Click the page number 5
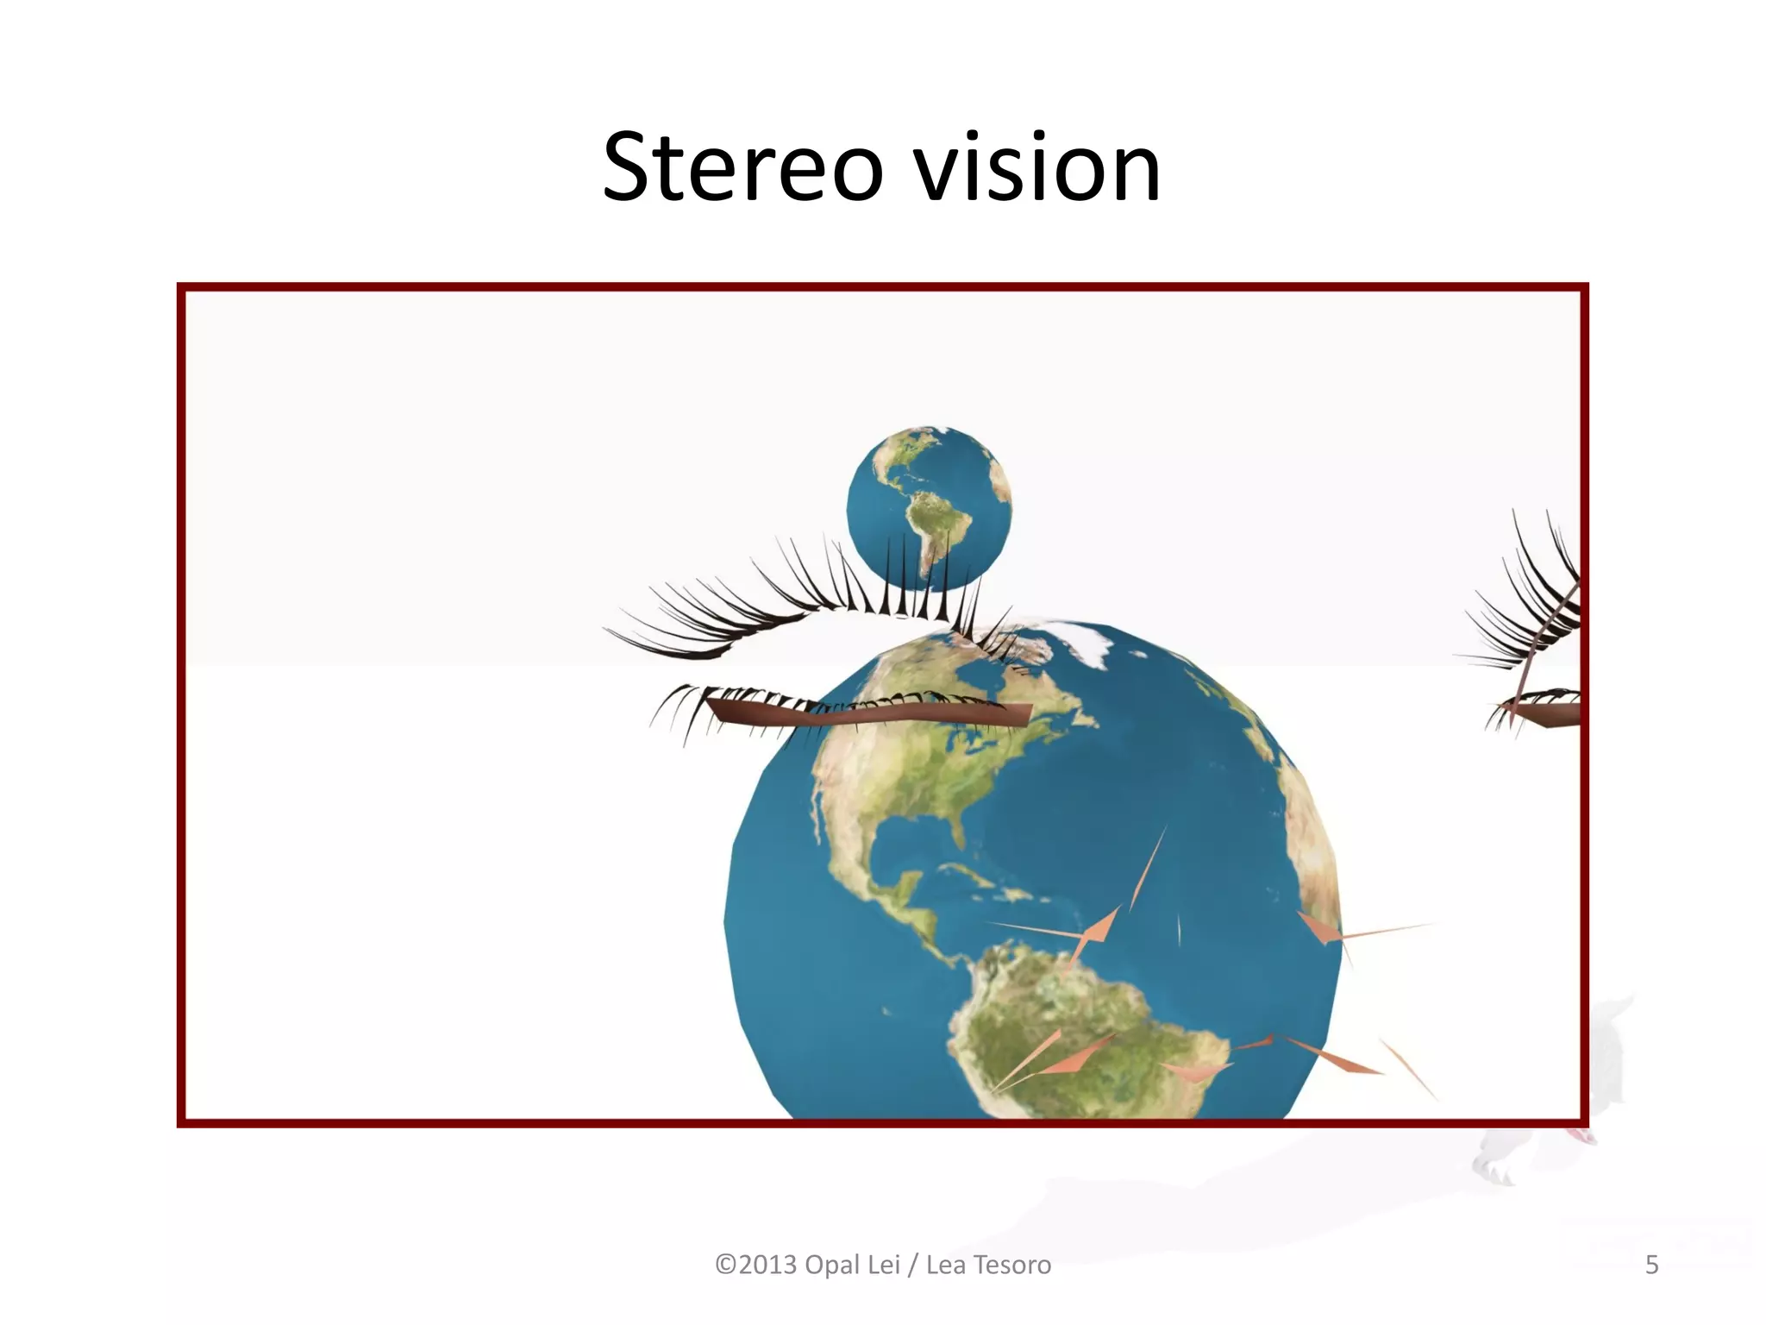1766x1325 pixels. [x=1651, y=1265]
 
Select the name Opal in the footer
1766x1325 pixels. [x=832, y=1265]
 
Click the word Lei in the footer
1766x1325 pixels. [x=884, y=1265]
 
